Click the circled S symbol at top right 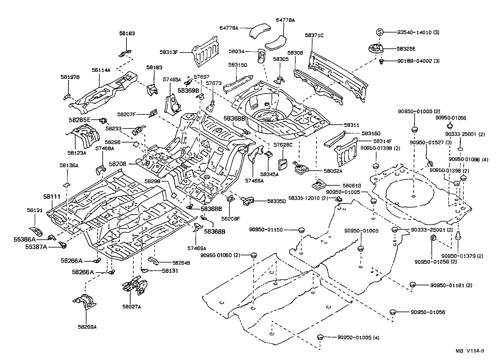[x=379, y=32]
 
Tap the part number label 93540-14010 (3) [x=418, y=32]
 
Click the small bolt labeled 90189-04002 [x=381, y=62]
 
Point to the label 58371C [x=314, y=36]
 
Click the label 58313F [x=169, y=52]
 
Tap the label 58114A [x=101, y=70]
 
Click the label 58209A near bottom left [x=87, y=327]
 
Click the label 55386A [x=25, y=239]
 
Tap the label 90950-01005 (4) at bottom [x=358, y=337]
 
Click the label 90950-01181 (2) [x=451, y=285]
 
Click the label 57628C [x=283, y=145]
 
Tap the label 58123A [x=76, y=153]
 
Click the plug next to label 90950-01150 [x=301, y=230]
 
